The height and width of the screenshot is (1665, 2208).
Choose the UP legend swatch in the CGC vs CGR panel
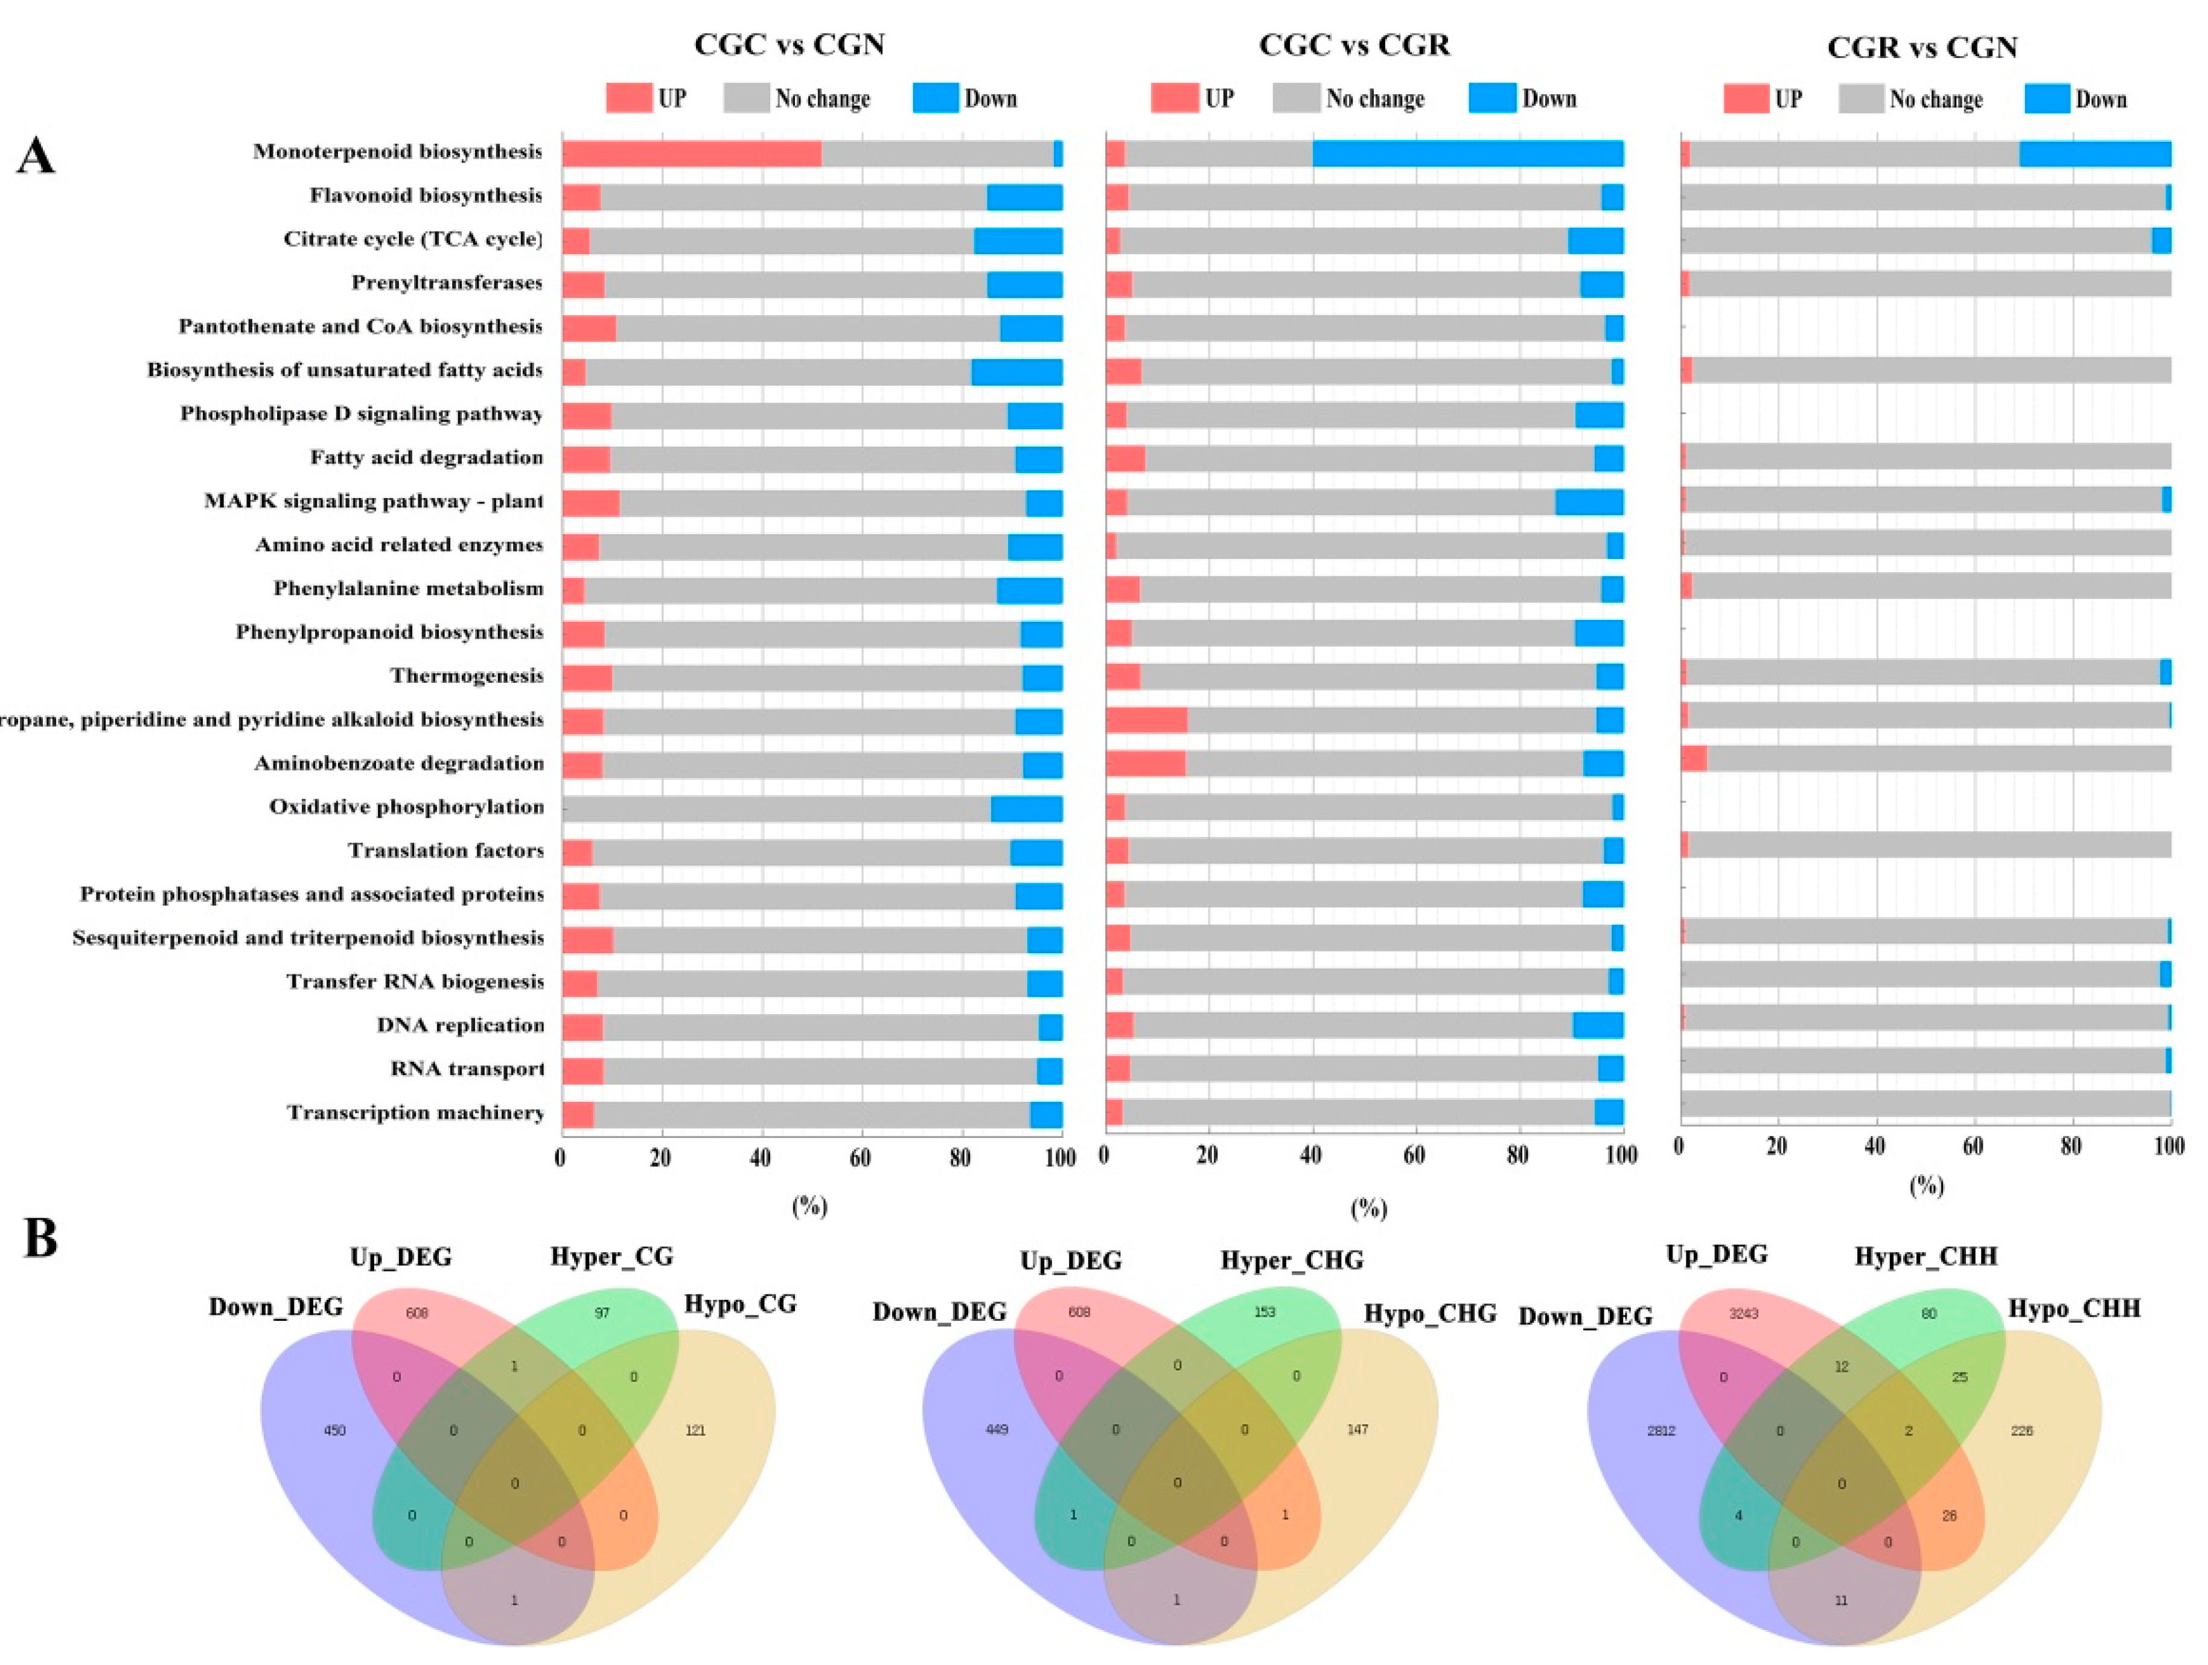[x=1174, y=98]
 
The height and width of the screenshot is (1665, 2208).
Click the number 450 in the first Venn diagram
[x=334, y=1430]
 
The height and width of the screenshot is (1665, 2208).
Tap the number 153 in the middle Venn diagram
[x=1265, y=1312]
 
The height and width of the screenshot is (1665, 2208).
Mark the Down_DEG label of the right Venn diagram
[x=1585, y=1317]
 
